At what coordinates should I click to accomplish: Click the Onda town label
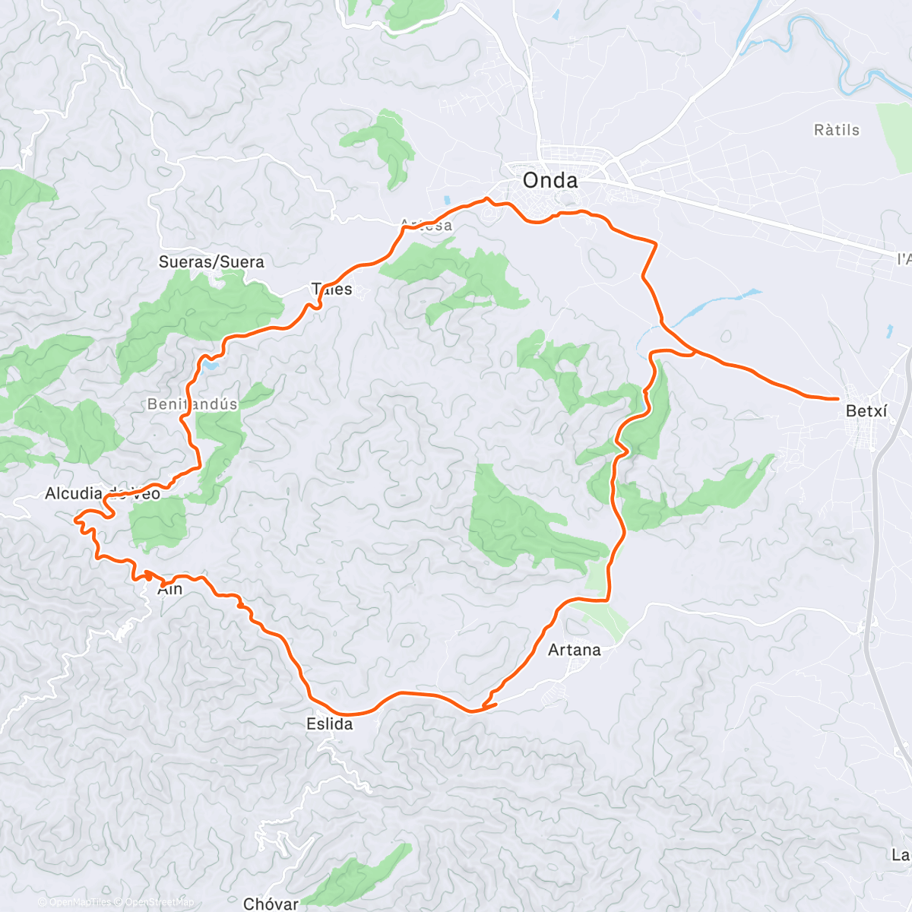point(549,180)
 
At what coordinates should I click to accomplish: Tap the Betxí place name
point(866,411)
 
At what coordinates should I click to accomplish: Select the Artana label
point(575,650)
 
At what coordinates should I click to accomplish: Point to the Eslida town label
point(330,724)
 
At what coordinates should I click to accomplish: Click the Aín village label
point(170,589)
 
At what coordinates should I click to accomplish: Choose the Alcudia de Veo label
point(103,494)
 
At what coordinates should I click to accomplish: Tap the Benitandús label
point(192,404)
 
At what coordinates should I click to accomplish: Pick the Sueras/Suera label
point(211,262)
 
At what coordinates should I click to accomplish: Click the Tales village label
point(332,289)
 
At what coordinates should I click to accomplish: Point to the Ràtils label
point(837,130)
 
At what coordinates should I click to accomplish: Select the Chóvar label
point(271,904)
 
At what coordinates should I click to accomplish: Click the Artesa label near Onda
point(426,225)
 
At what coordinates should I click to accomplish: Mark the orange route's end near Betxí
point(837,398)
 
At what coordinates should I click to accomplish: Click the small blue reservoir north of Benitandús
point(209,366)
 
